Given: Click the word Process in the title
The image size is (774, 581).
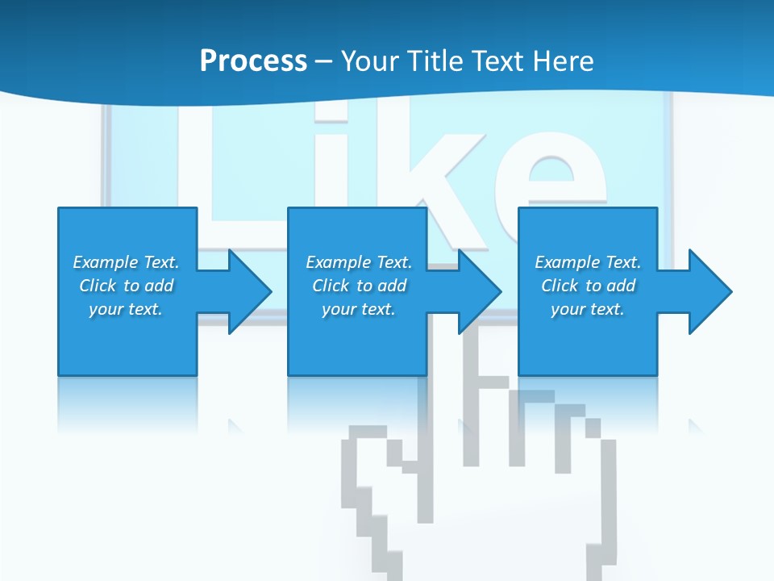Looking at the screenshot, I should (253, 61).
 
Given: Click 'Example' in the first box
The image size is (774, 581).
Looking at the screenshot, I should (105, 262).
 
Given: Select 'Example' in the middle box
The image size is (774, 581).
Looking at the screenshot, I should (338, 262).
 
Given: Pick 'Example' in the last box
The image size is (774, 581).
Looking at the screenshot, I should (567, 262).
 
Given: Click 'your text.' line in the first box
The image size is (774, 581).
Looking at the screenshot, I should (126, 309).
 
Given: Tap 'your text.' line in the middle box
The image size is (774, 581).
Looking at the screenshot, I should (359, 309).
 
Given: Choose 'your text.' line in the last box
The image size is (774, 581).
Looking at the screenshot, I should (588, 309).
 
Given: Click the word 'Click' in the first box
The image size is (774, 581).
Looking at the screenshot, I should (98, 286).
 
